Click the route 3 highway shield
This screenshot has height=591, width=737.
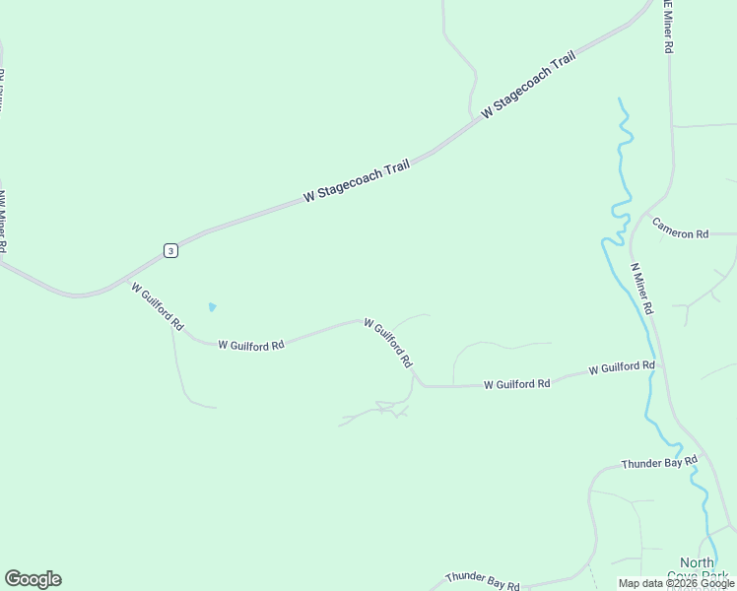[171, 251]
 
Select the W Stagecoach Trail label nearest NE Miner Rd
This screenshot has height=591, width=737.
[528, 84]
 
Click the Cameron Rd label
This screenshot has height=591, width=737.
[681, 234]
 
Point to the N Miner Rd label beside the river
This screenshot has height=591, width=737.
[642, 289]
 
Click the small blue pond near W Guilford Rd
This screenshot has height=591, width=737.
[212, 307]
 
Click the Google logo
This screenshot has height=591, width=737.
[33, 579]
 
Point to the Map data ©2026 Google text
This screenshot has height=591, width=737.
[675, 583]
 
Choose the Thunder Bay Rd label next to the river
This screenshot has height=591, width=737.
[659, 462]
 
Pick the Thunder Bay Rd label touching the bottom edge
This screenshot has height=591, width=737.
[482, 581]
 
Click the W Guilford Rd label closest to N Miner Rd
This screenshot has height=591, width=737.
[622, 367]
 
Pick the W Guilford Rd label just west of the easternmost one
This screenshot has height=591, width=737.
[516, 384]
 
